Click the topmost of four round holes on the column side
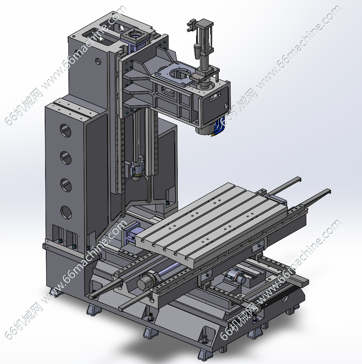[65, 130]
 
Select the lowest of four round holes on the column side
[66, 212]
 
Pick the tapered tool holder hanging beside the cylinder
[197, 51]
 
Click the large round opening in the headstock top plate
[180, 74]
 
